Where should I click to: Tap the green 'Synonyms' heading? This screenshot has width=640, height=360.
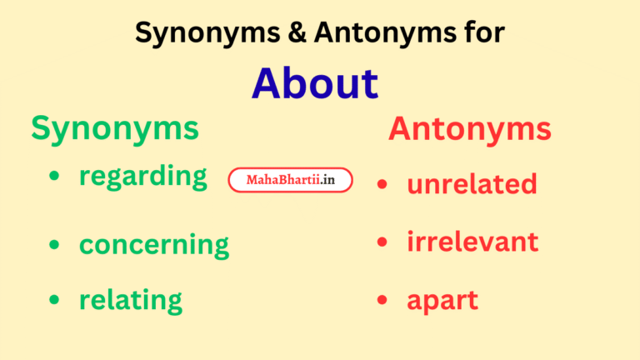(115, 128)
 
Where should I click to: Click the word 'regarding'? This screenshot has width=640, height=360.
(142, 177)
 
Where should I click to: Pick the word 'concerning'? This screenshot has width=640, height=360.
(153, 245)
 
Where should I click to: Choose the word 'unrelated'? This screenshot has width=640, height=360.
(472, 183)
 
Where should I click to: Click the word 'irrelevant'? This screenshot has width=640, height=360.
(472, 242)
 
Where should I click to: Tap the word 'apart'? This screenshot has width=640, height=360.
(442, 301)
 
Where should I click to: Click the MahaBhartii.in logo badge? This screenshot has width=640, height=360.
(290, 180)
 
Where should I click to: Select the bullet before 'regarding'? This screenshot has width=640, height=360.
(54, 176)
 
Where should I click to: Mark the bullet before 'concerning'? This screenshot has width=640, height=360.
(54, 244)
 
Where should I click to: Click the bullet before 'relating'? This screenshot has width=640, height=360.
(54, 299)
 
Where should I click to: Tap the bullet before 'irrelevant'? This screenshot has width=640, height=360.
(382, 242)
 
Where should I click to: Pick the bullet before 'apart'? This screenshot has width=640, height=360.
(382, 300)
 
